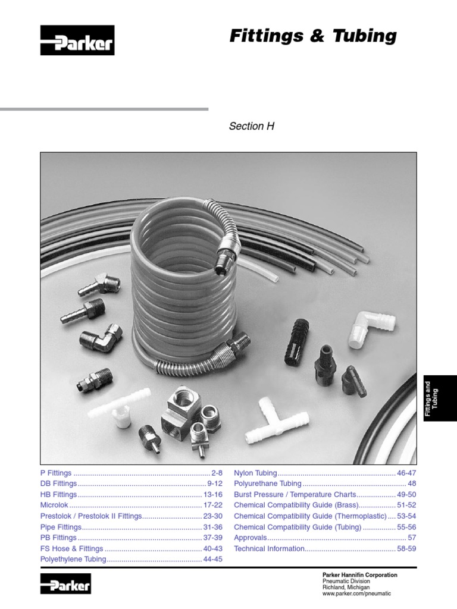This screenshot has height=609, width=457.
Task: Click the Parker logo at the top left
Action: (x=77, y=40)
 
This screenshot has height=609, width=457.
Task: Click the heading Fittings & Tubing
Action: (x=312, y=36)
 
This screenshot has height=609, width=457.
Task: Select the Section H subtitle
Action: (x=251, y=126)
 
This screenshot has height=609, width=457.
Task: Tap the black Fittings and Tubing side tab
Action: (x=440, y=398)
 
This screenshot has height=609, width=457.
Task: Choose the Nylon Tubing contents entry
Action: (x=256, y=473)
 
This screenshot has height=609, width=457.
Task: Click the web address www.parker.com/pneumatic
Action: (x=356, y=594)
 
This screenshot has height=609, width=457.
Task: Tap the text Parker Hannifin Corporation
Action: (x=359, y=575)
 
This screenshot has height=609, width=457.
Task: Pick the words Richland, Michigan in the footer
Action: (x=346, y=588)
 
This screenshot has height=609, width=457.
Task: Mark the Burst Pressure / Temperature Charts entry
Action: (x=295, y=494)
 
